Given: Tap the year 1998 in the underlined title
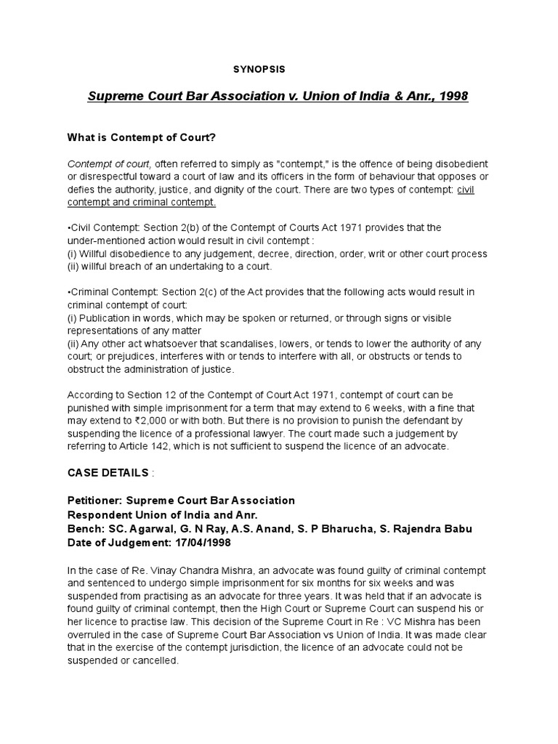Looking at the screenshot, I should [x=451, y=97].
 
